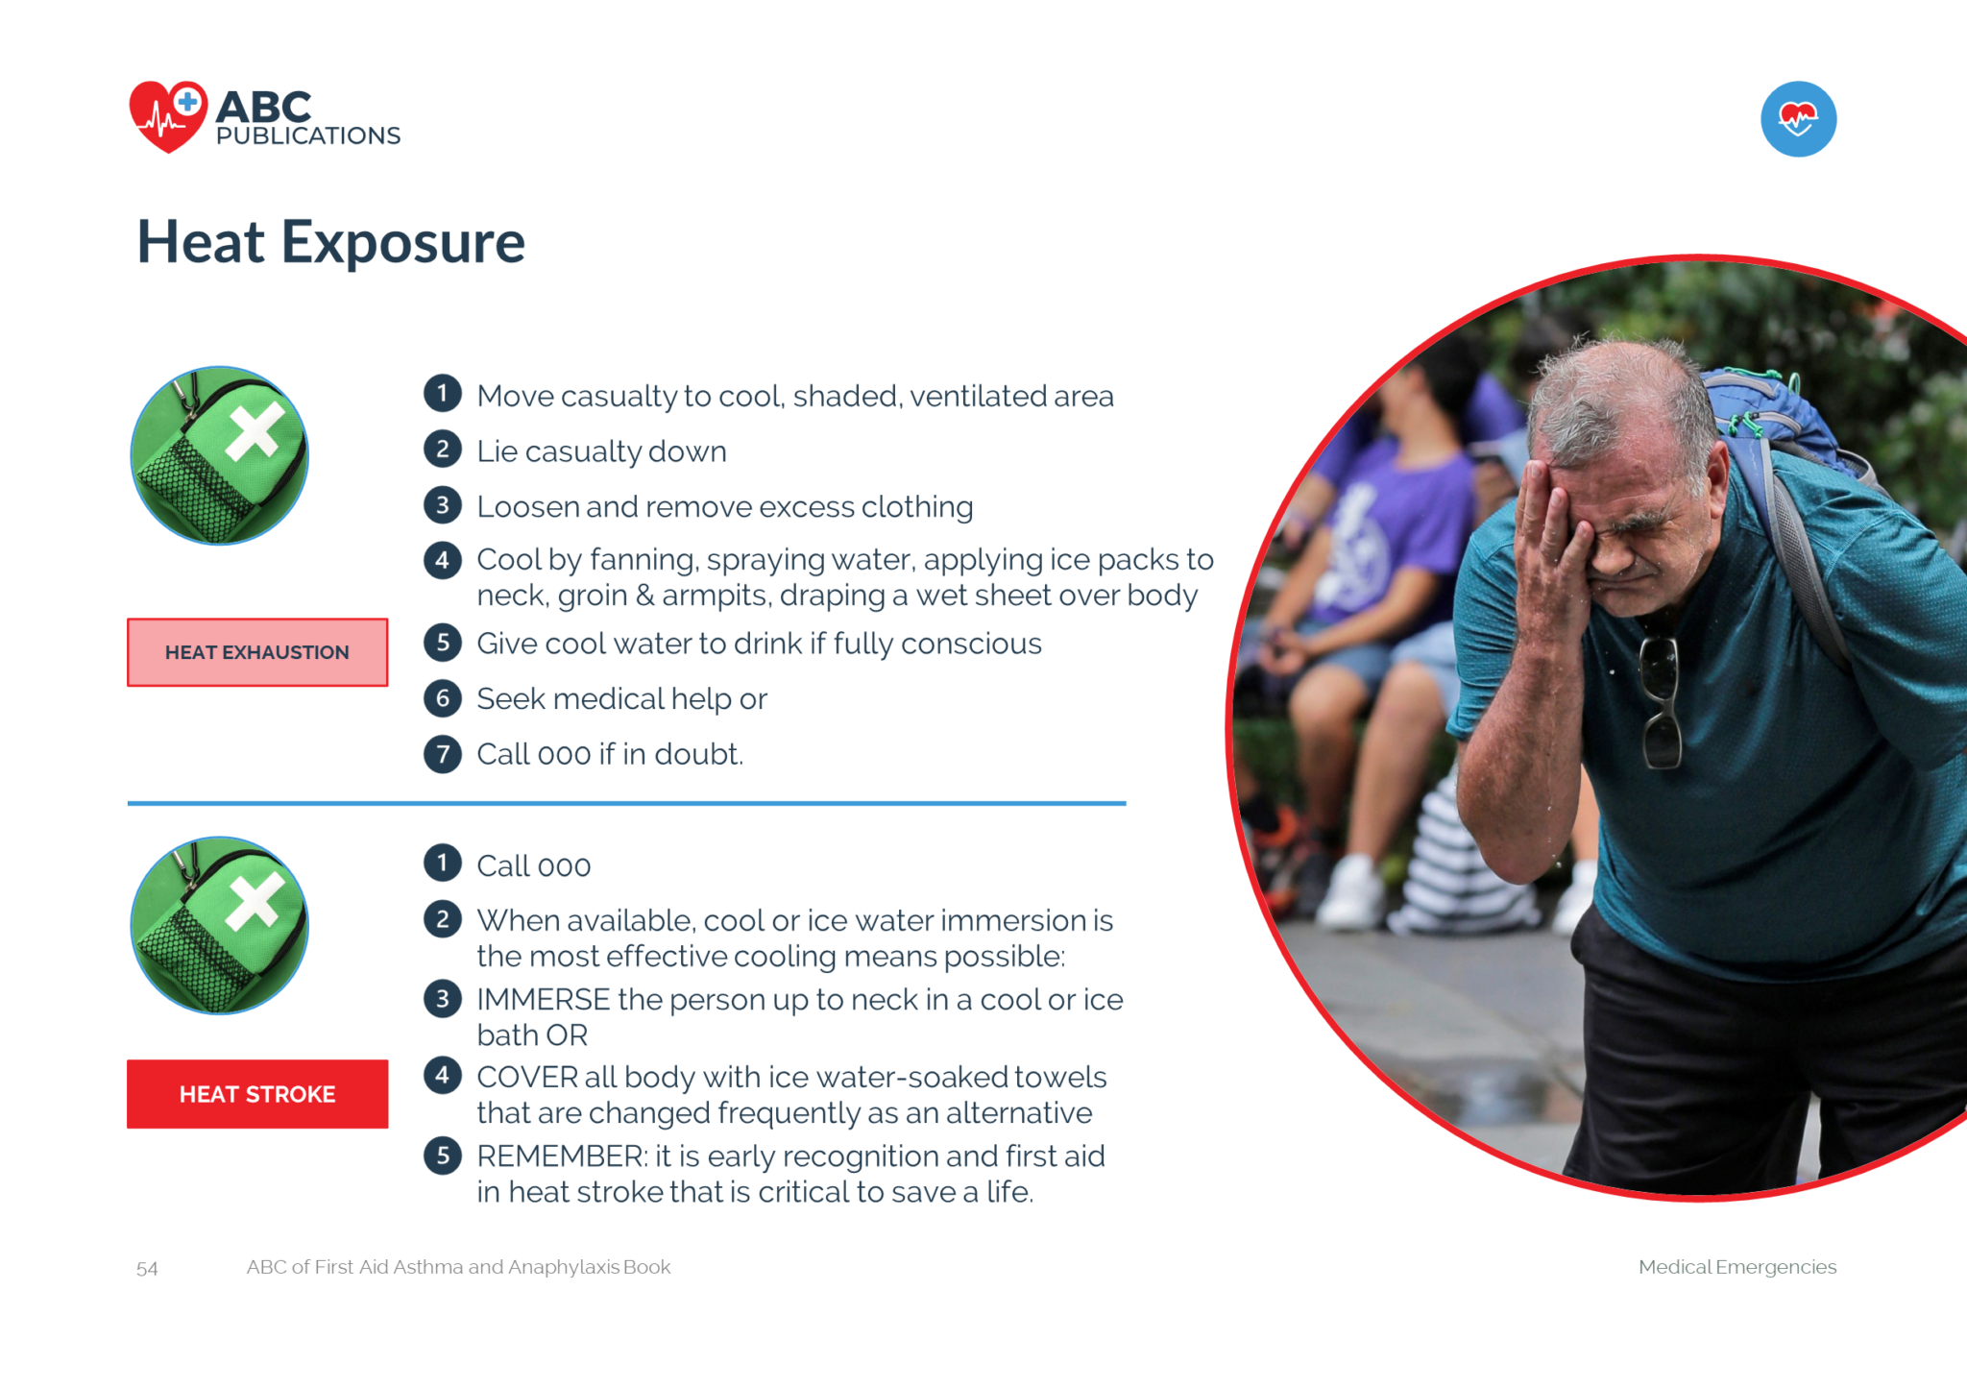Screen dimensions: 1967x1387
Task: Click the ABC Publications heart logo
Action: (x=168, y=116)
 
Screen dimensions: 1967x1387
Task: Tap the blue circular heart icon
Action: (x=1798, y=119)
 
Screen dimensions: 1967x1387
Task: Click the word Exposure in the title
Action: (x=402, y=244)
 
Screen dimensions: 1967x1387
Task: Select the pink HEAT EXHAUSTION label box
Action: (x=257, y=652)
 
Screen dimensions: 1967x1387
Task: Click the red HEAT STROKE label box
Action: (x=257, y=1094)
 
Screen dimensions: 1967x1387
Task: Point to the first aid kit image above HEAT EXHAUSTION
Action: (x=219, y=455)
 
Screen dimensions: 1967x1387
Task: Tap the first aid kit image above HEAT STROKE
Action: (x=219, y=925)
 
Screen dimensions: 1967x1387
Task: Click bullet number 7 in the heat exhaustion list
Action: (x=443, y=754)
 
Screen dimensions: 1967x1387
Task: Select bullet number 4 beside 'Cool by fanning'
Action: (x=443, y=560)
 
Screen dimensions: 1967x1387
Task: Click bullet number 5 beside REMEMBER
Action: (x=443, y=1156)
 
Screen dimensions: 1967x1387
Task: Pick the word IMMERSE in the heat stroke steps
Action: (x=544, y=1000)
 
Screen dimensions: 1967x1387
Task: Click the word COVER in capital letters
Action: (x=527, y=1078)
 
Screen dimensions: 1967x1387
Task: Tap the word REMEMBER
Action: (x=563, y=1156)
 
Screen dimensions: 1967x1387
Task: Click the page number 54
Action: (x=147, y=1269)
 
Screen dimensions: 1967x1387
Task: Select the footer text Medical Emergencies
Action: (x=1737, y=1267)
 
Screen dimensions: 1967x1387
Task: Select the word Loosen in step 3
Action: (x=528, y=506)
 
